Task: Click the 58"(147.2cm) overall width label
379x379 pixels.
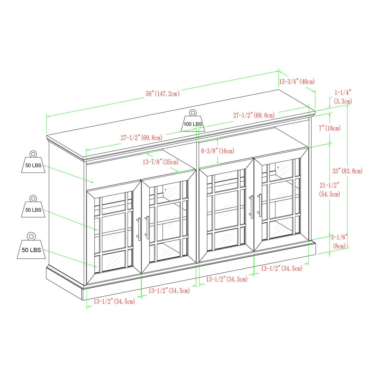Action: click(x=162, y=94)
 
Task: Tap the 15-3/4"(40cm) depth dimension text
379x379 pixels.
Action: click(x=297, y=81)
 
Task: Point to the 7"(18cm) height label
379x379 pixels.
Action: click(x=330, y=128)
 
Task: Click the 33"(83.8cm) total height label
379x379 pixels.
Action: click(x=347, y=171)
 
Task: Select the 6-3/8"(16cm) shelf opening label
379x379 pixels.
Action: click(x=218, y=151)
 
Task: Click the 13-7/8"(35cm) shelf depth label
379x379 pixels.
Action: click(x=160, y=162)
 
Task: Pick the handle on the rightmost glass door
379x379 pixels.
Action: click(x=260, y=205)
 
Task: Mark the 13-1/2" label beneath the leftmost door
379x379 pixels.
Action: click(x=114, y=301)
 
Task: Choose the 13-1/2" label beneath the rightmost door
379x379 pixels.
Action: click(x=281, y=268)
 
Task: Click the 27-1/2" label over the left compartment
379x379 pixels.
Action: click(x=141, y=138)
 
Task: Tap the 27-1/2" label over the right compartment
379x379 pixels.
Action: click(x=254, y=115)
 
